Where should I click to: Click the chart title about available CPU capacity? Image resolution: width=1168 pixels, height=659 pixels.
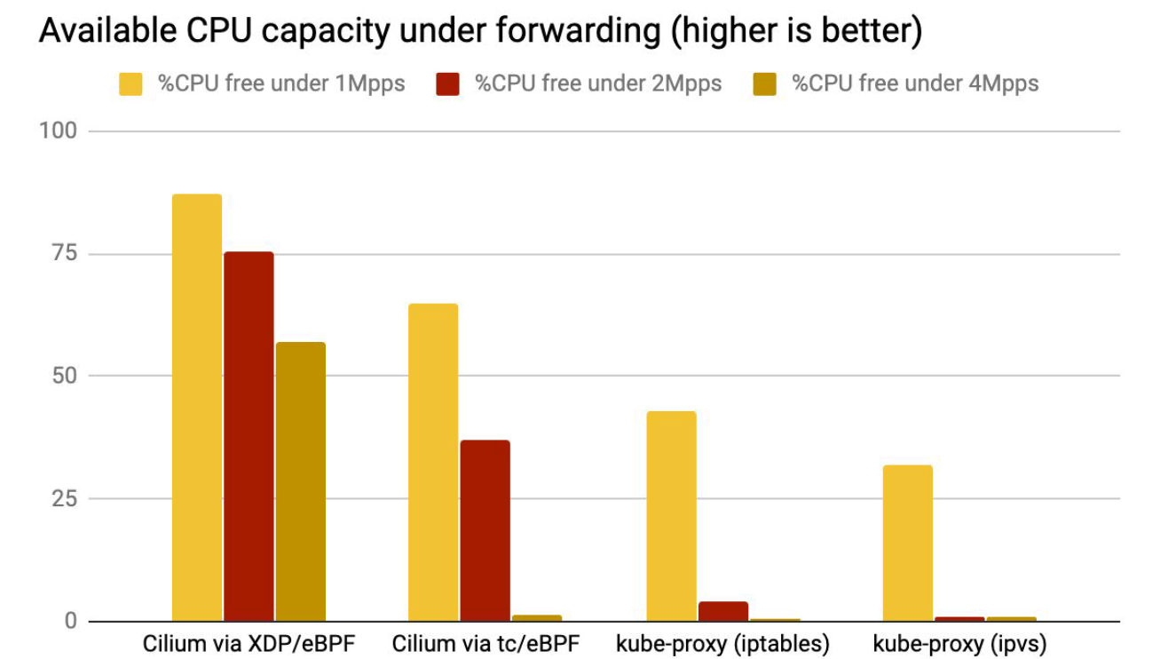pyautogui.click(x=480, y=31)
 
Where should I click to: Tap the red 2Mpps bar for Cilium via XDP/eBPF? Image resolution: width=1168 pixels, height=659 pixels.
pyautogui.click(x=249, y=436)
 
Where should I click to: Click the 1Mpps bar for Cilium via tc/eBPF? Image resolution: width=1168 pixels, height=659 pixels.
pyautogui.click(x=433, y=462)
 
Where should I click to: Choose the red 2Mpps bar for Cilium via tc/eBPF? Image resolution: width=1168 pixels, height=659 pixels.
pyautogui.click(x=485, y=530)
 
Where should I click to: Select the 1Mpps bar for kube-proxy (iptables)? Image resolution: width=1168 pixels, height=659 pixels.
pyautogui.click(x=671, y=516)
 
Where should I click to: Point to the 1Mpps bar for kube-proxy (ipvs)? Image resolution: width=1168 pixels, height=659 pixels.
pyautogui.click(x=907, y=543)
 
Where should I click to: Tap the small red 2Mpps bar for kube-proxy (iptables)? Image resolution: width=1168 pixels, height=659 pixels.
pyautogui.click(x=722, y=611)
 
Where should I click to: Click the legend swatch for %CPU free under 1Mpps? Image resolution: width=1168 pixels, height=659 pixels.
pyautogui.click(x=130, y=84)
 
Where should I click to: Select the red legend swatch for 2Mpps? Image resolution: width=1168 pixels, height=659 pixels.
pyautogui.click(x=446, y=84)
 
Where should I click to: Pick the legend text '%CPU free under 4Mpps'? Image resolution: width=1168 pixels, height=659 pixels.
pyautogui.click(x=915, y=83)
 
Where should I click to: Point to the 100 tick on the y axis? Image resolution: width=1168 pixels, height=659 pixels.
pyautogui.click(x=59, y=131)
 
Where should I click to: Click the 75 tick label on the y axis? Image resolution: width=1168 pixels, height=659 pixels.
pyautogui.click(x=64, y=254)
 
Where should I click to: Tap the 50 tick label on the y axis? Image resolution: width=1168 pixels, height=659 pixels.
pyautogui.click(x=63, y=376)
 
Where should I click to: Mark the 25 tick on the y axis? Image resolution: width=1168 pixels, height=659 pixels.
pyautogui.click(x=64, y=498)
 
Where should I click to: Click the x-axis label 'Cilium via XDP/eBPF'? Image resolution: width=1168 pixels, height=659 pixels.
pyautogui.click(x=249, y=643)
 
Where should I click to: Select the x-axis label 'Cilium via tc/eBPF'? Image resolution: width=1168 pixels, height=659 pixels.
pyautogui.click(x=485, y=643)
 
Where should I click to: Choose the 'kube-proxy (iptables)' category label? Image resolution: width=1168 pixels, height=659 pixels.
pyautogui.click(x=722, y=643)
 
